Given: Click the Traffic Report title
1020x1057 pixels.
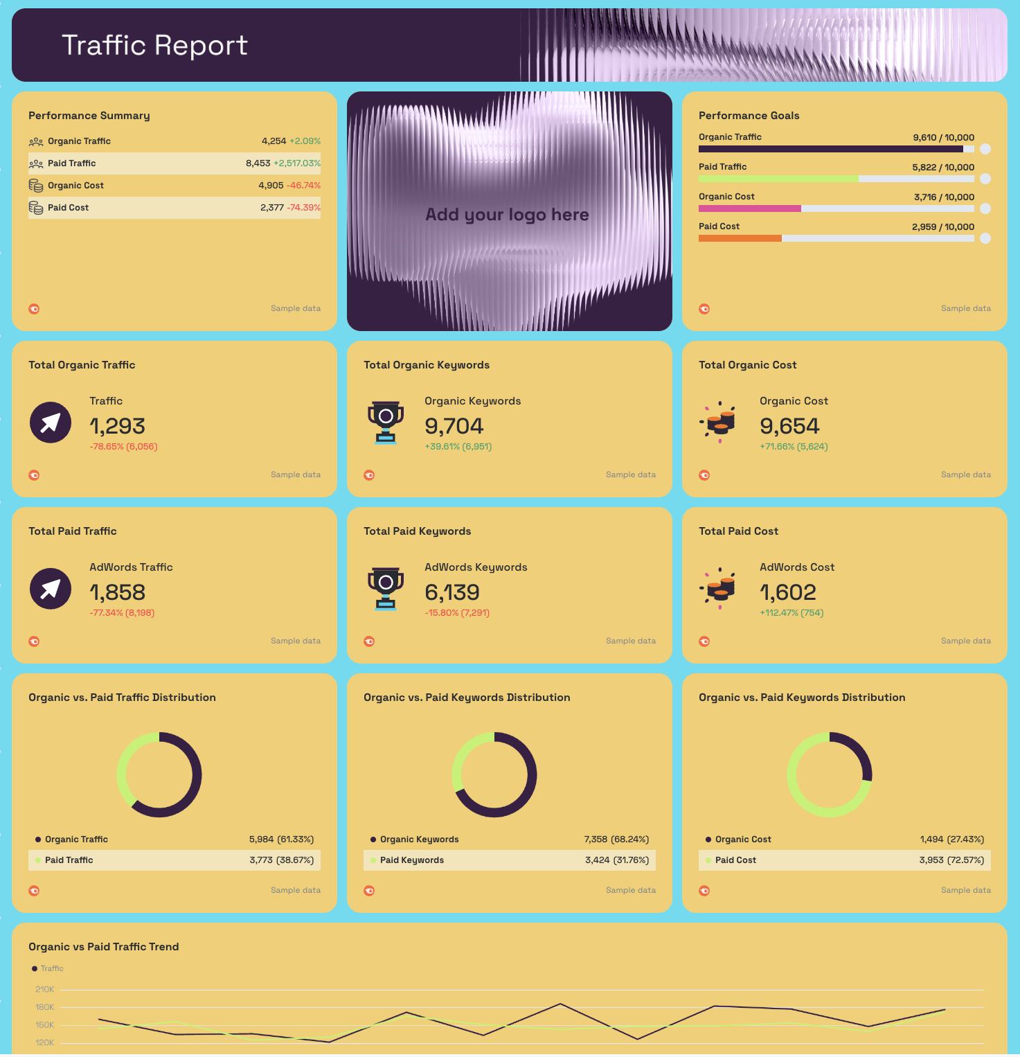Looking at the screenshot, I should point(154,46).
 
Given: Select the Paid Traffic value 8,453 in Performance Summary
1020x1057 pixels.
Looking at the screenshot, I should point(258,163).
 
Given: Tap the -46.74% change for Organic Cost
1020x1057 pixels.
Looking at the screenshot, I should point(303,186).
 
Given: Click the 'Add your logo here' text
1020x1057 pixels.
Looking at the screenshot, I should point(507,215).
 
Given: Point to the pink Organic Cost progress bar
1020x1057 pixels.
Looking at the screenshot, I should point(749,208).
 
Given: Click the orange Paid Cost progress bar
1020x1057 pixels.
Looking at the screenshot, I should point(740,238).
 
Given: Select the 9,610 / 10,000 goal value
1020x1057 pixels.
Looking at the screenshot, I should point(943,138).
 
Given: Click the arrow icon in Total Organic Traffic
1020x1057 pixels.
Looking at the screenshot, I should point(51,423).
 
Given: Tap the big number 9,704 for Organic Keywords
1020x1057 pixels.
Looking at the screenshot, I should point(454,426).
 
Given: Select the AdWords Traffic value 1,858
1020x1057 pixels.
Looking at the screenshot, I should point(117,592).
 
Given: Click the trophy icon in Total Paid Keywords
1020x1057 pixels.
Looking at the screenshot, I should point(386,588).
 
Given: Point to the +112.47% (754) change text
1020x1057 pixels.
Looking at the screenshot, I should point(791,613).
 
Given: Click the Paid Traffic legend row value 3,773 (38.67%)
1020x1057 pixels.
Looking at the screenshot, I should point(281,860).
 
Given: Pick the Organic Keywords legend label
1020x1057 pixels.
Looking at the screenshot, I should point(419,840).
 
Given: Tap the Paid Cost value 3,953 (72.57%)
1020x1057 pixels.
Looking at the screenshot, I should point(951,860).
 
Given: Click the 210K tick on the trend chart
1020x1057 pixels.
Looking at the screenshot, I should point(45,990).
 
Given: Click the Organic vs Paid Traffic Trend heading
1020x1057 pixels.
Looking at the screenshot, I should point(104,947).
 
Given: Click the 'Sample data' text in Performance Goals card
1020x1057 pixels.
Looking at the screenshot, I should point(965,309).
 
